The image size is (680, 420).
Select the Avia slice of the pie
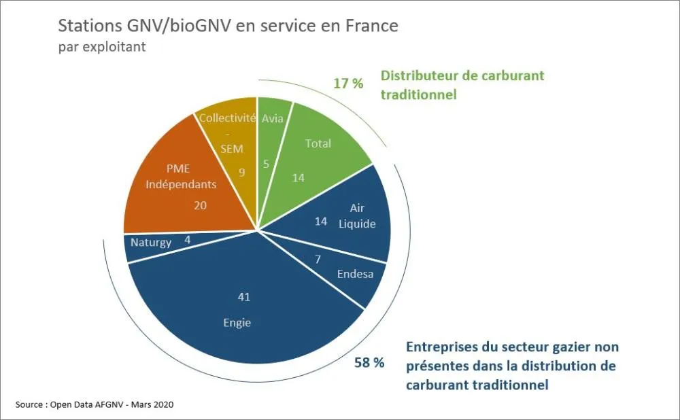tap(273, 139)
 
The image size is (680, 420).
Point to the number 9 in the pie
tap(242, 173)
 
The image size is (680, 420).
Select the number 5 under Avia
tap(267, 164)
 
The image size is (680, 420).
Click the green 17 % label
tap(348, 84)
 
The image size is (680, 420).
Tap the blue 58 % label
tap(369, 362)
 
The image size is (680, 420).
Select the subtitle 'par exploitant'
tap(102, 48)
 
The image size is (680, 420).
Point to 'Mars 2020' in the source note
tap(152, 404)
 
